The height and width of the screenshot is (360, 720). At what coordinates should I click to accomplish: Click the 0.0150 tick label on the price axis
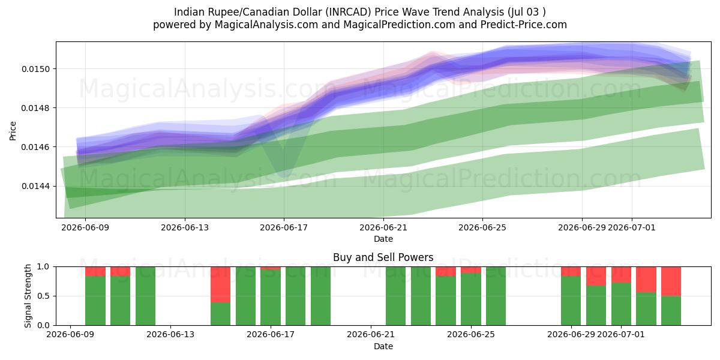pos(35,69)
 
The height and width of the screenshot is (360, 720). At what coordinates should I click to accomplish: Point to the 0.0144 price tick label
pos(35,186)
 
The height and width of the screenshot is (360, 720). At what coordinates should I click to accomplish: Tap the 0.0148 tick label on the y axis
pos(35,108)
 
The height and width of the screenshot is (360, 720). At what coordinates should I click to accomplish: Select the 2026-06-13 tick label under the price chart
pos(185,227)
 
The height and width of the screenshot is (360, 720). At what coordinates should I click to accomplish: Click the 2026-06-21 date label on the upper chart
pos(383,227)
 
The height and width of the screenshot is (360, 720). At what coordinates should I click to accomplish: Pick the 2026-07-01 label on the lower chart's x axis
pos(621,334)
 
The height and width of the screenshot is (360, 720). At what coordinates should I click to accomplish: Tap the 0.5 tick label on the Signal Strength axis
pos(43,296)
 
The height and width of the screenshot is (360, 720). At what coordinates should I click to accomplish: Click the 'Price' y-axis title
pos(13,131)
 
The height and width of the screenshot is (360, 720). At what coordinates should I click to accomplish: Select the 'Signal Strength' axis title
pos(28,296)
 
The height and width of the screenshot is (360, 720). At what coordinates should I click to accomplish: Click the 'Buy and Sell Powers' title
pos(383,257)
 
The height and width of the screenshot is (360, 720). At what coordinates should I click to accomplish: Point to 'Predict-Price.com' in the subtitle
pos(524,25)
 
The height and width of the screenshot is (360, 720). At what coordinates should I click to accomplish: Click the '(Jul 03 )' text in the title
pos(527,12)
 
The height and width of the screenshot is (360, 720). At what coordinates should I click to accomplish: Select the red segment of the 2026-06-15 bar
pos(221,284)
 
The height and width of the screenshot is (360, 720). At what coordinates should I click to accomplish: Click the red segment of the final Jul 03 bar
pos(671,281)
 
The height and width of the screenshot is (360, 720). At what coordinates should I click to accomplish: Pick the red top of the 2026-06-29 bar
pos(571,271)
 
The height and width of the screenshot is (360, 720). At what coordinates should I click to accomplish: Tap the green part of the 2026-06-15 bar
pos(221,314)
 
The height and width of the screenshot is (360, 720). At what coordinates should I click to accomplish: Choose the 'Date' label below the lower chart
pos(383,346)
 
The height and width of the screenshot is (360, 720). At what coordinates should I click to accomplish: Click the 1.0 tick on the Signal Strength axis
pos(43,266)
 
